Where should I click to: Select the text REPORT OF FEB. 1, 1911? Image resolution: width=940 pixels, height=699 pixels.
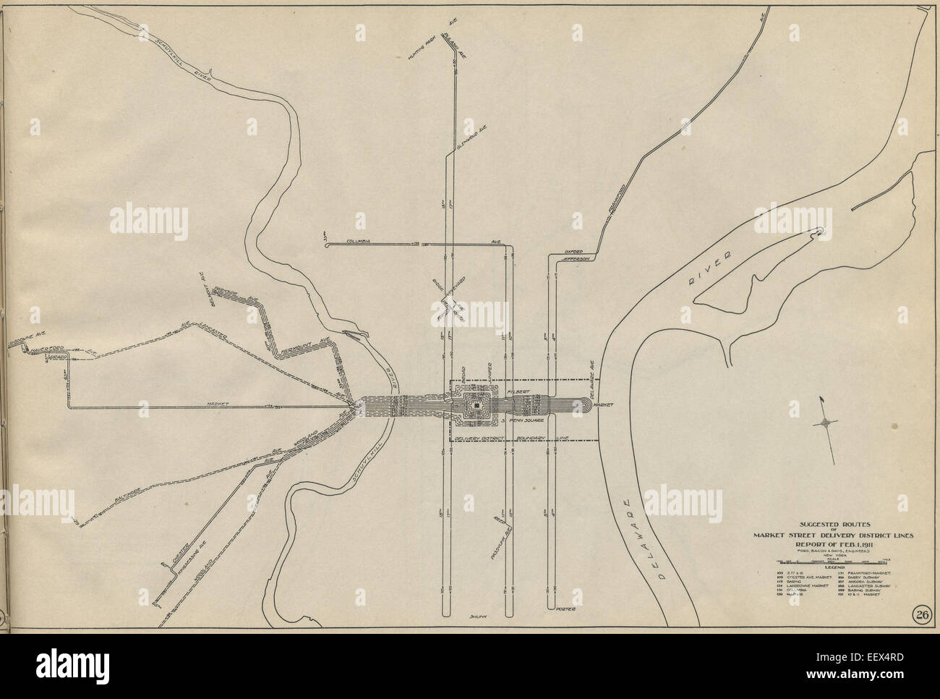click(832, 545)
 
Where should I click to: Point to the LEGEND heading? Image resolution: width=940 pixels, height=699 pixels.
click(832, 567)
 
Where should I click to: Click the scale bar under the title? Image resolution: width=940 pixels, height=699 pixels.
click(832, 560)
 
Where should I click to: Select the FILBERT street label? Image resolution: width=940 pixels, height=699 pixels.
click(518, 391)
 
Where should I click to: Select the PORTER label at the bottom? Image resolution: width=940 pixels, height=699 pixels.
click(565, 609)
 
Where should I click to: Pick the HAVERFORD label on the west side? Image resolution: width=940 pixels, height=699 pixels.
click(43, 350)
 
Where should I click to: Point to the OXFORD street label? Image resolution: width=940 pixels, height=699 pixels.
click(573, 252)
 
